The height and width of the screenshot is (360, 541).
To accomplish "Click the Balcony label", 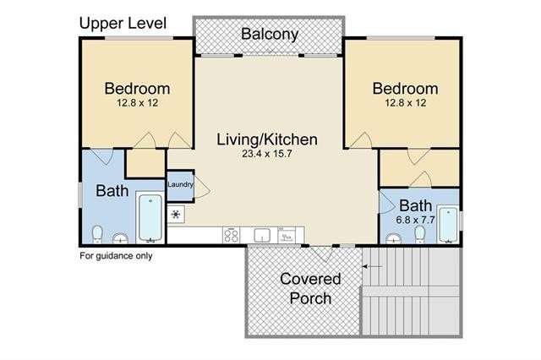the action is tap(270, 34).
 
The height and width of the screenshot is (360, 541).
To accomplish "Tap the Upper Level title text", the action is tap(123, 23).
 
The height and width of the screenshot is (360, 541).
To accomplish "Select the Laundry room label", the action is tap(180, 184).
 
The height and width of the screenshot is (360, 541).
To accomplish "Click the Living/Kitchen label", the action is tap(267, 139).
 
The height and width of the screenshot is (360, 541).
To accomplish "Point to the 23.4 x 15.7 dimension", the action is tap(267, 154).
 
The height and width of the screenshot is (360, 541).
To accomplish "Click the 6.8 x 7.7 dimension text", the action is tap(415, 220).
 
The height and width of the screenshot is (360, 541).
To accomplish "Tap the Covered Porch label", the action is tap(310, 288).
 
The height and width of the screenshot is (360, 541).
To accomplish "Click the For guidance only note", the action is tap(116, 256).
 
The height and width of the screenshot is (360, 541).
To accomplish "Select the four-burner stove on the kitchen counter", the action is tap(231, 235).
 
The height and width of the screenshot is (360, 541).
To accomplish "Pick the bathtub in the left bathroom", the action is tap(150, 217).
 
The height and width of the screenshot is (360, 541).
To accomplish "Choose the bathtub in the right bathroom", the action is tap(448, 224).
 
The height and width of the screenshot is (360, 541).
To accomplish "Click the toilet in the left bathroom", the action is tap(98, 234).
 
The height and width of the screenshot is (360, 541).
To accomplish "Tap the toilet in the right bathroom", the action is tap(420, 234).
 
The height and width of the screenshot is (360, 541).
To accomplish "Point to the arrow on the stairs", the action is tap(372, 266).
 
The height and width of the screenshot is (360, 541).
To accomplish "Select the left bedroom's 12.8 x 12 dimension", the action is tap(137, 103).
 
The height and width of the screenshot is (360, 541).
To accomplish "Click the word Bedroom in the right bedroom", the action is tap(406, 89).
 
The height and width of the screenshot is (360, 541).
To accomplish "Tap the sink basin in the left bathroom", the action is tap(120, 238).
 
